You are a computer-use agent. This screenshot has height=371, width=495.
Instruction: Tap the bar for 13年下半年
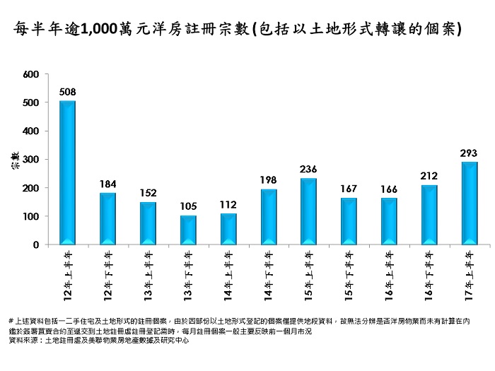[x=188, y=230]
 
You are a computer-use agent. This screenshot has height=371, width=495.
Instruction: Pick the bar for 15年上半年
[x=309, y=211]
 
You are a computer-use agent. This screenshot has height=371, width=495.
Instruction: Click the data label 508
[x=68, y=92]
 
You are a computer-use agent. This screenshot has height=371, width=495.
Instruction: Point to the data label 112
[x=228, y=205]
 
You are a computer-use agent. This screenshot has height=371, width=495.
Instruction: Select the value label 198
[x=269, y=180]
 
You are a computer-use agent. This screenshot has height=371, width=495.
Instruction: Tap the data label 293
[x=470, y=153]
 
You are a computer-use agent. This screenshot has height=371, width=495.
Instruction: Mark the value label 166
[x=389, y=189]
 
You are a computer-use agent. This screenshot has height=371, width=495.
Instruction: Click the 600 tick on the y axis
[x=31, y=74]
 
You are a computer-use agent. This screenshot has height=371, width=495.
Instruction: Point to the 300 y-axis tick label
[x=31, y=160]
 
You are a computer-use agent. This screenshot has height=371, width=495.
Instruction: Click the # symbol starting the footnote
[x=11, y=321]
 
